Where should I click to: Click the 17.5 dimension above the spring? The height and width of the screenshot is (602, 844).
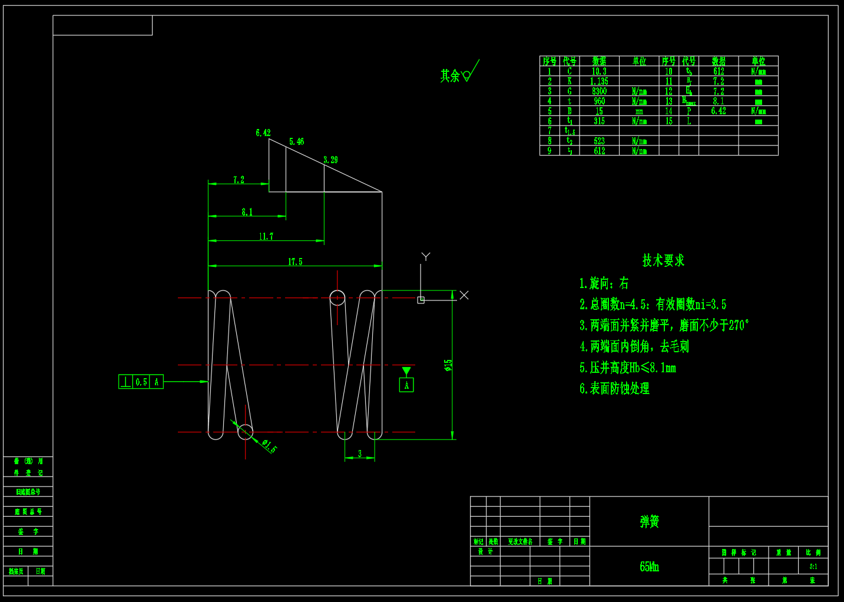pyautogui.click(x=295, y=262)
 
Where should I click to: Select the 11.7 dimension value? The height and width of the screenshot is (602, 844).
pyautogui.click(x=266, y=236)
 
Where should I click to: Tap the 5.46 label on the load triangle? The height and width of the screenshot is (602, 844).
pyautogui.click(x=296, y=141)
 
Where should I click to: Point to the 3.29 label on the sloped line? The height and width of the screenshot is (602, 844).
pyautogui.click(x=330, y=160)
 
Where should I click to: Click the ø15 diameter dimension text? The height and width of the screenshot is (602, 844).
pyautogui.click(x=448, y=365)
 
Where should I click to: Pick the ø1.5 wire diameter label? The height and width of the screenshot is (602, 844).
pyautogui.click(x=269, y=446)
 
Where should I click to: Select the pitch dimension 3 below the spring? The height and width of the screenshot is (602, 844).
pyautogui.click(x=360, y=454)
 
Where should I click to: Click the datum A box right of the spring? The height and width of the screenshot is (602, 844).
pyautogui.click(x=406, y=385)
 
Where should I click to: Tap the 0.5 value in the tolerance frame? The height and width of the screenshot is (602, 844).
pyautogui.click(x=141, y=382)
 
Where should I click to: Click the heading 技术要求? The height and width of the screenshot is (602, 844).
pyautogui.click(x=663, y=260)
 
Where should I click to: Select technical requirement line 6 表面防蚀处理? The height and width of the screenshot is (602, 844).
pyautogui.click(x=614, y=389)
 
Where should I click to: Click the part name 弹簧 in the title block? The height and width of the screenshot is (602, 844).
pyautogui.click(x=650, y=521)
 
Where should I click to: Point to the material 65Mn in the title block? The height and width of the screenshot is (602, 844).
pyautogui.click(x=649, y=567)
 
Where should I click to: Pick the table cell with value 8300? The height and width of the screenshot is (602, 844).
pyautogui.click(x=599, y=91)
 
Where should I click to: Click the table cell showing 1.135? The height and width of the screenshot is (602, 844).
pyautogui.click(x=599, y=81)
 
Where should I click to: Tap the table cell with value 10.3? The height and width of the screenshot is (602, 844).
pyautogui.click(x=599, y=71)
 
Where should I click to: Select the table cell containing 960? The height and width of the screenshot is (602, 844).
pyautogui.click(x=599, y=101)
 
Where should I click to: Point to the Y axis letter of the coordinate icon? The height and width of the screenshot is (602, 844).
pyautogui.click(x=426, y=256)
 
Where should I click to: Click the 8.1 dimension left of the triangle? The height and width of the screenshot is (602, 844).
pyautogui.click(x=247, y=212)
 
